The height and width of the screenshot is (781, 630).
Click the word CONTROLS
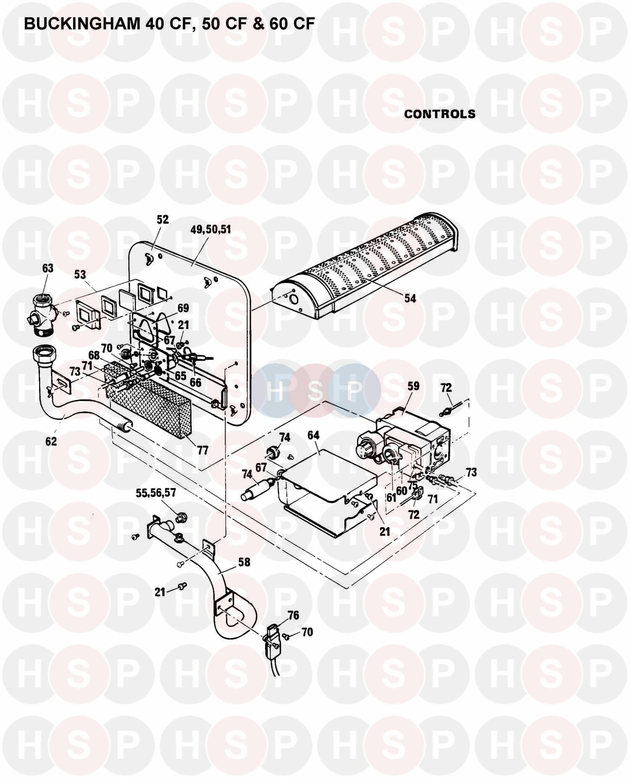point(440,114)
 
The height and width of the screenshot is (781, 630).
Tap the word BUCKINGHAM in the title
point(82,24)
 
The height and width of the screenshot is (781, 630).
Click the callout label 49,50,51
point(211,230)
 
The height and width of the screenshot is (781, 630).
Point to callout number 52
point(163,219)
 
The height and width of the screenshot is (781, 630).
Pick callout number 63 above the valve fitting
point(48,268)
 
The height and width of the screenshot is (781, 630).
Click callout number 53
point(80,274)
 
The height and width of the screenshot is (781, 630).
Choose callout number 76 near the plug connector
point(293,615)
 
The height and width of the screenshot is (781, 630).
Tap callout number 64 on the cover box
point(313,435)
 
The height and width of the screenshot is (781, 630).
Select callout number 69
point(183,308)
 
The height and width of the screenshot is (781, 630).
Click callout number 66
point(195,382)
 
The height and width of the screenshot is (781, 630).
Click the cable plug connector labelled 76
point(270,638)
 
